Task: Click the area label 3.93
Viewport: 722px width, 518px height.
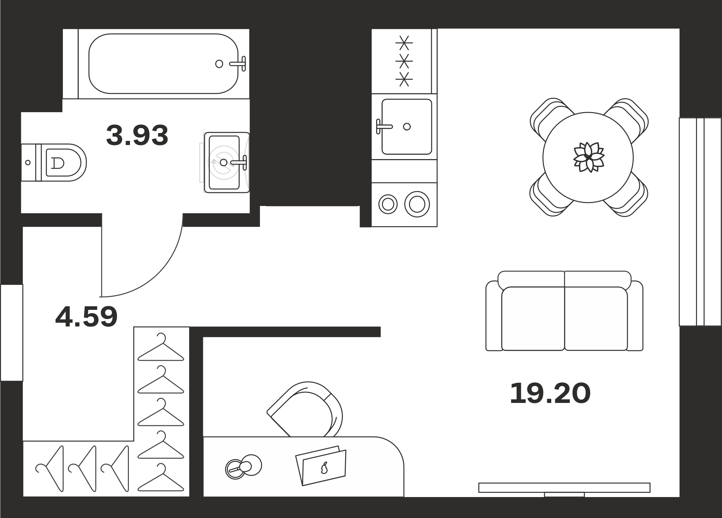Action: tap(137, 135)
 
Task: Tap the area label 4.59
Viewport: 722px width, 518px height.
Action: tap(87, 317)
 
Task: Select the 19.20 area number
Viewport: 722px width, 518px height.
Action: tap(550, 394)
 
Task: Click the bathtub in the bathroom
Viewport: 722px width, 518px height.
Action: tap(164, 63)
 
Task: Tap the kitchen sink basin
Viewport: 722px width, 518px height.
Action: tap(407, 127)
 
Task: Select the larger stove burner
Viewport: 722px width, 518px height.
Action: tap(417, 205)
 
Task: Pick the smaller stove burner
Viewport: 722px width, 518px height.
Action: tap(388, 205)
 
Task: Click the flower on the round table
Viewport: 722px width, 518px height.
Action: tap(589, 157)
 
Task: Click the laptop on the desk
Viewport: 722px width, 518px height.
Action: tap(321, 466)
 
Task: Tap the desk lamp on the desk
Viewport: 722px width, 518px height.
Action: tap(243, 467)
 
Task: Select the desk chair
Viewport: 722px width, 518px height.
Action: tap(305, 409)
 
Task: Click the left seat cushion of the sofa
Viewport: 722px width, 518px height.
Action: tap(533, 319)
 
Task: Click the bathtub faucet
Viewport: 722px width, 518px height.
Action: tap(238, 63)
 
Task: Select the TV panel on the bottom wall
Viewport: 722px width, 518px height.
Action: tap(564, 488)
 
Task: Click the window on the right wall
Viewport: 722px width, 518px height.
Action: tap(700, 222)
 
